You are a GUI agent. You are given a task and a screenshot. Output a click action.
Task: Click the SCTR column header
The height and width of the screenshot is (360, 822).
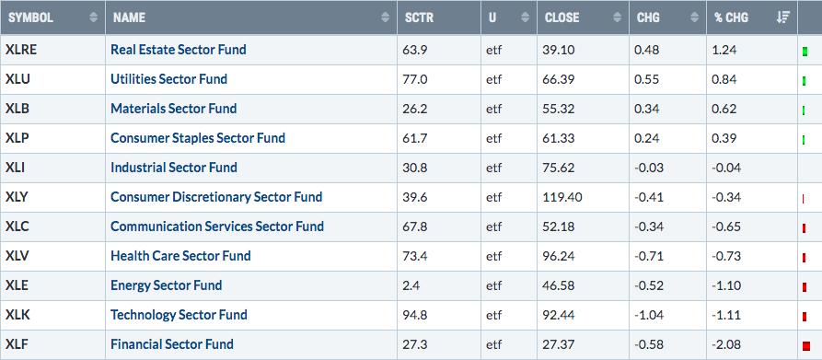pos(420,17)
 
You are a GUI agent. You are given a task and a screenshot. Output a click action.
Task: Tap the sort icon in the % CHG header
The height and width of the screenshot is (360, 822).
pos(783,17)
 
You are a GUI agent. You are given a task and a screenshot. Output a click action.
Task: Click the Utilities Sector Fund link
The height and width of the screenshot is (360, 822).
pos(168,79)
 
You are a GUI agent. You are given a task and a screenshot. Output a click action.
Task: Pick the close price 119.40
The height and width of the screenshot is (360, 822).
pos(562,197)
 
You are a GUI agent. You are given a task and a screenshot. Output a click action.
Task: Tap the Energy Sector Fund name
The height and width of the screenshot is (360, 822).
pos(167,285)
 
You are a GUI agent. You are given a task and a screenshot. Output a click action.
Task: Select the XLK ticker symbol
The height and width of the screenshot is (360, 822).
pos(17,315)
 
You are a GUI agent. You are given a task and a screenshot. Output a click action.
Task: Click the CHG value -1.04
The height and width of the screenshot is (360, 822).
pos(649,315)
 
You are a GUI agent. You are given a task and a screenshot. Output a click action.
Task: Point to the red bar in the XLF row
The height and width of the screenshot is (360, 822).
pos(806,346)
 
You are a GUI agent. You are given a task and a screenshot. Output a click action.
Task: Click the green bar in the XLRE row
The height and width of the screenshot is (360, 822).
pos(805,52)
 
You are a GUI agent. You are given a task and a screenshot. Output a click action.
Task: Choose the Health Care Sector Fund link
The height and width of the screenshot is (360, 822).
pos(180,256)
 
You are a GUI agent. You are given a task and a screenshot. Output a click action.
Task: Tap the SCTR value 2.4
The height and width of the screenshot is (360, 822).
pos(412,285)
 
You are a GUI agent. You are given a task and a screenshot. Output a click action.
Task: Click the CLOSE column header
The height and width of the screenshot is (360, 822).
pos(562,17)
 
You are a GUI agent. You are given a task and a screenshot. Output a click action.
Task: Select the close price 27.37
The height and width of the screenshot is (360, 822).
pos(559,344)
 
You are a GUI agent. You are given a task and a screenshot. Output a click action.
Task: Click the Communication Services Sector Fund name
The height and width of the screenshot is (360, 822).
pos(217,226)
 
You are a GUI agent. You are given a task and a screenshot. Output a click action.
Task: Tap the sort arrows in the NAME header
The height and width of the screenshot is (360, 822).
pos(386,17)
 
